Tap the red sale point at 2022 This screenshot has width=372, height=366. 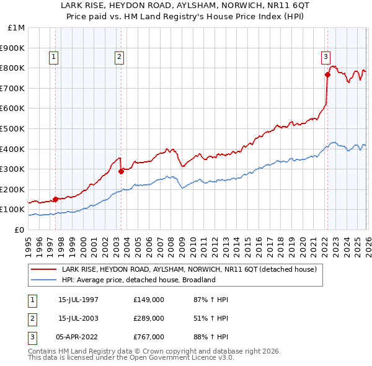pyautogui.click(x=327, y=74)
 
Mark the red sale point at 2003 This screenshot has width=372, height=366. pyautogui.click(x=122, y=172)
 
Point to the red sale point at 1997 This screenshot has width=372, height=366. pyautogui.click(x=56, y=199)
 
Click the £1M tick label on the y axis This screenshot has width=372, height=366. pyautogui.click(x=17, y=27)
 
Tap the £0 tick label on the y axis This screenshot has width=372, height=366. pyautogui.click(x=20, y=230)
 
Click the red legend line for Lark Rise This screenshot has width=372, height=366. pyautogui.click(x=43, y=270)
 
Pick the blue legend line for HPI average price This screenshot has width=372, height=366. pyautogui.click(x=43, y=280)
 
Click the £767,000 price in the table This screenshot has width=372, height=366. pyautogui.click(x=149, y=337)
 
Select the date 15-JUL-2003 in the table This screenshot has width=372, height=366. pyautogui.click(x=78, y=318)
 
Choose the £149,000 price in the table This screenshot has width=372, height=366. pyautogui.click(x=149, y=300)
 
